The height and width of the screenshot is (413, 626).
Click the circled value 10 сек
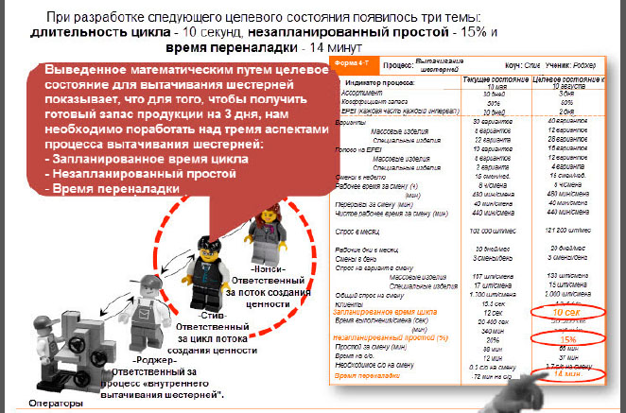tap(565, 311)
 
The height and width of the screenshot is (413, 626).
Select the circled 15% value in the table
tap(567, 338)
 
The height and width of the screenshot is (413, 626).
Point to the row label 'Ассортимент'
tap(366, 95)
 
